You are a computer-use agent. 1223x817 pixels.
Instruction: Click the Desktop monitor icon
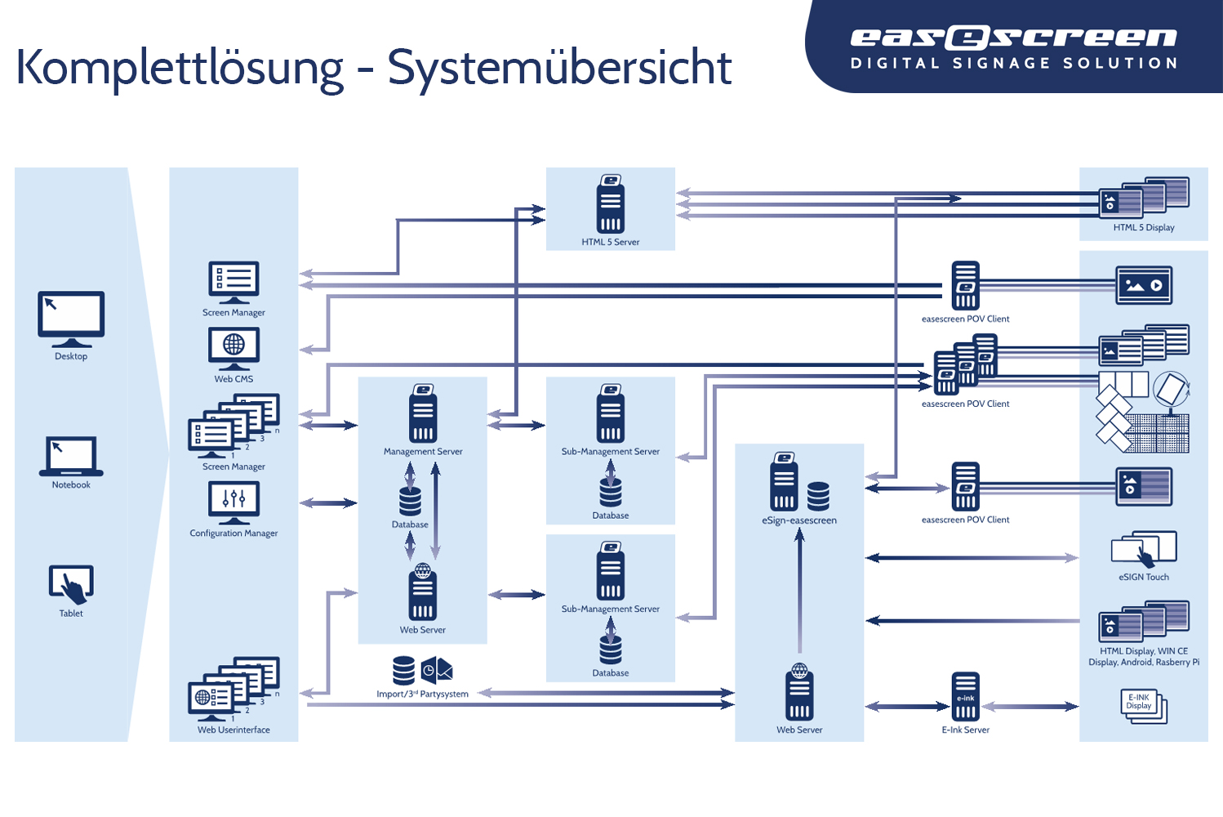point(71,319)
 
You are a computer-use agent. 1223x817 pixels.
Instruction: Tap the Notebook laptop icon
point(71,457)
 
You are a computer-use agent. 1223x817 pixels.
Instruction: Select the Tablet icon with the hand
point(71,584)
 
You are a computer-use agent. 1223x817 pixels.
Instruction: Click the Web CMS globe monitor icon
point(233,349)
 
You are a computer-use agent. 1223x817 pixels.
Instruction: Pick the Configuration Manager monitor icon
point(233,502)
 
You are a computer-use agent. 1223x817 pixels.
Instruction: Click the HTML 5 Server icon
point(611,203)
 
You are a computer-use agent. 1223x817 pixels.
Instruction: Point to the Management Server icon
point(423,413)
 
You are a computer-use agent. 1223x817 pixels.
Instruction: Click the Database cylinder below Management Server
point(410,501)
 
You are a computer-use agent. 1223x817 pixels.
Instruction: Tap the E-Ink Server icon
point(965,697)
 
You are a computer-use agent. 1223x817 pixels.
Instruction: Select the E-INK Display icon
point(1144,706)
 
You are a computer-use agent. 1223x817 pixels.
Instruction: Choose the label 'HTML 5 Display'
point(1144,227)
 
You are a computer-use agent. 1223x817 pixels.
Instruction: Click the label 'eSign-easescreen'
point(799,520)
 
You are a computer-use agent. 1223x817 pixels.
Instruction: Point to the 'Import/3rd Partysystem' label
point(422,694)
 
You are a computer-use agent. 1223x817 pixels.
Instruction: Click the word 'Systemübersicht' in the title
point(559,68)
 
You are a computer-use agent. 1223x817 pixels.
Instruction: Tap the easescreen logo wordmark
point(1014,37)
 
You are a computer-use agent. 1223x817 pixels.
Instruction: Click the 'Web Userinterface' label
point(233,730)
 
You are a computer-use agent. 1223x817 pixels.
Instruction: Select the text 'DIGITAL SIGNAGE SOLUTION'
point(1014,64)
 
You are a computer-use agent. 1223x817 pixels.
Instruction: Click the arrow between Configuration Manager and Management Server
point(328,502)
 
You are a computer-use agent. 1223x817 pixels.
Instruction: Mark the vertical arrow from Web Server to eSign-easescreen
point(799,591)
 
